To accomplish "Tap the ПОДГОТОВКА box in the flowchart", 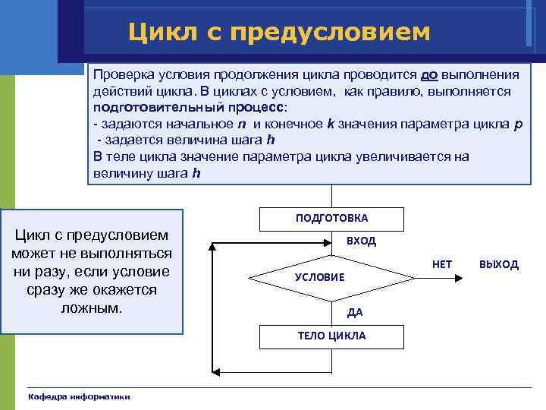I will pos(331,218).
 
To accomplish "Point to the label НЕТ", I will pos(441,264).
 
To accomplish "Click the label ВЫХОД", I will pos(498,264).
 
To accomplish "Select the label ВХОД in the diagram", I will pos(361,241).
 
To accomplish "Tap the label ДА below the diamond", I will pos(355,312).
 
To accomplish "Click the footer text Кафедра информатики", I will pos(79,397).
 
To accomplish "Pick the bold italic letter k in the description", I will pos(330,124).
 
